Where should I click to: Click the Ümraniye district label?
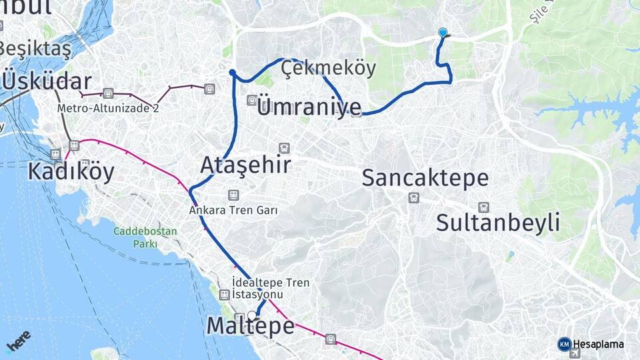point(309,107)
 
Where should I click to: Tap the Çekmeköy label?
point(328,68)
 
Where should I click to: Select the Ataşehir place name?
point(246,164)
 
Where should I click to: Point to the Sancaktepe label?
point(425,178)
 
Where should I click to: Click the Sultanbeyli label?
point(498,223)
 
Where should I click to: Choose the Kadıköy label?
point(71,171)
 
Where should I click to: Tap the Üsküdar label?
point(47,81)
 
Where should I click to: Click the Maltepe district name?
point(251,326)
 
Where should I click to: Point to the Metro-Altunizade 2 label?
point(108,107)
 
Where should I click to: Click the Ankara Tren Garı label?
point(233,209)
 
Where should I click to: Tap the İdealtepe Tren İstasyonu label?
point(271,289)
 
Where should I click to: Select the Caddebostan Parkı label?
point(145,237)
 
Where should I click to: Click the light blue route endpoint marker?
point(443,32)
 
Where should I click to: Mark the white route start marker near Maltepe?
point(252,315)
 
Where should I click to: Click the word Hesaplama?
point(599,344)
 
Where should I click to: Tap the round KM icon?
point(564,344)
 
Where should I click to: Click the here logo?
point(18,341)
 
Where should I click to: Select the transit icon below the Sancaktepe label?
point(414,197)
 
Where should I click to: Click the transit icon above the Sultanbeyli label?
point(483,207)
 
